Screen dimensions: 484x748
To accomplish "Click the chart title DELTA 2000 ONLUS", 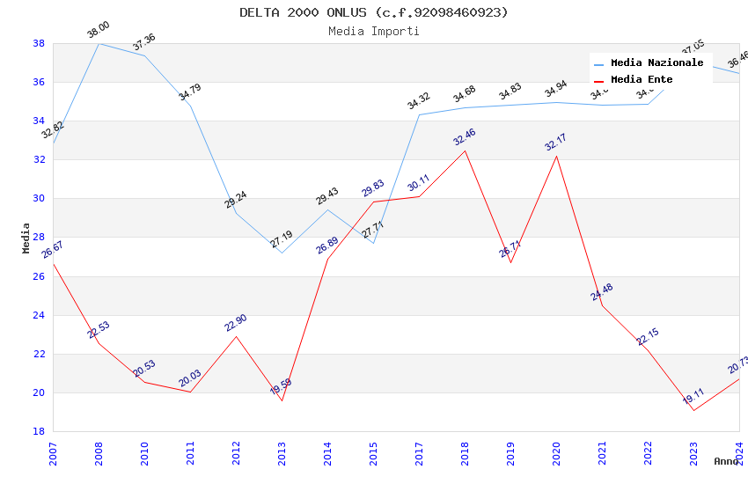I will pos(374,12).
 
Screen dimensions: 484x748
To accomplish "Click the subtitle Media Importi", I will pos(374,31).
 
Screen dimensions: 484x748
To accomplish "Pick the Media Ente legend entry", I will pos(642,79).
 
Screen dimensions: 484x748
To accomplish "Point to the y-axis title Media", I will pos(26,238).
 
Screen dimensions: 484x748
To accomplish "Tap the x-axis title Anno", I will pos(726,461).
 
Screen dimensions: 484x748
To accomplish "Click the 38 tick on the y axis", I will pos(39,43).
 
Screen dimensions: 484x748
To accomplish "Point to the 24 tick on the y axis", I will pos(39,315).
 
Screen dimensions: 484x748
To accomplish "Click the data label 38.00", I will pos(99,32).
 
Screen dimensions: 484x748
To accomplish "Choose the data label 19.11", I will pos(693,396).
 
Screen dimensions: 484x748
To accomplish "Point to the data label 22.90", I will pos(236,322).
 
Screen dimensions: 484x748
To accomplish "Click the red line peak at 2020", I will pos(556,156).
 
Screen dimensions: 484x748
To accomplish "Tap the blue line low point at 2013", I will pos(282,253).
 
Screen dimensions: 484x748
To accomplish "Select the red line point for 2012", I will pos(236,336).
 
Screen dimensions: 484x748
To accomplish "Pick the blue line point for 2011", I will pos(190,106).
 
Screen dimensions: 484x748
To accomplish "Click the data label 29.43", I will pos(327,195).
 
